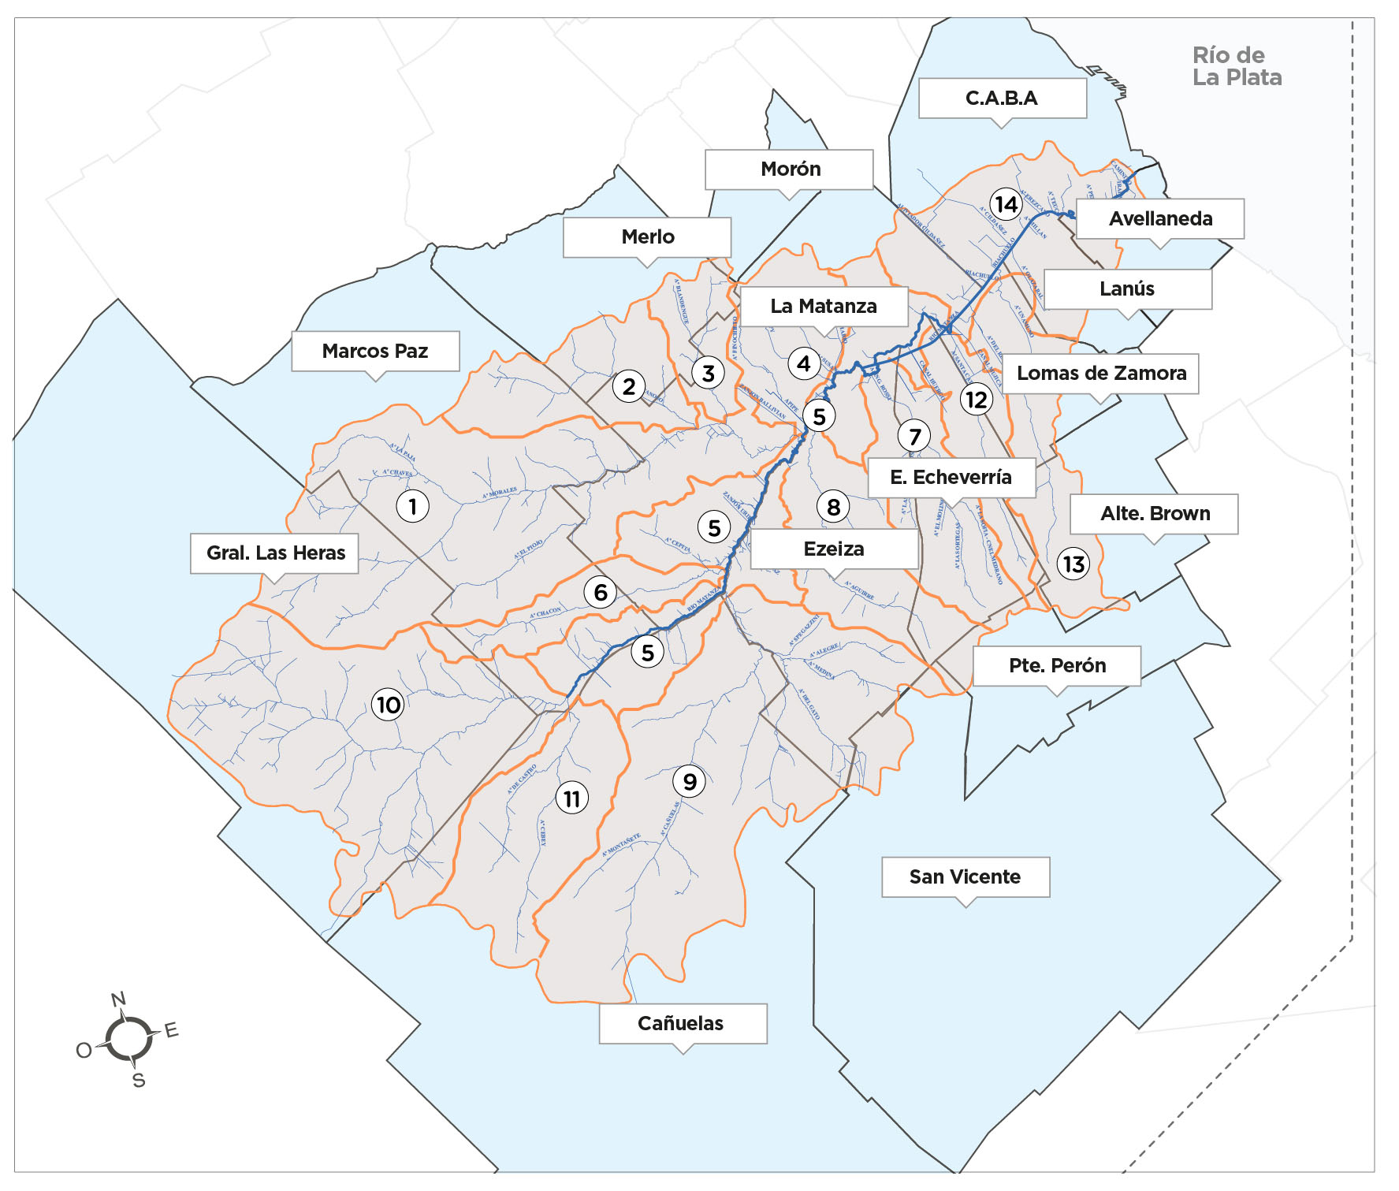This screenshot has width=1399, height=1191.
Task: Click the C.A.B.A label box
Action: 1002,99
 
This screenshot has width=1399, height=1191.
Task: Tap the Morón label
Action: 790,169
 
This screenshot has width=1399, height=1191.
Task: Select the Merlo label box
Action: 647,237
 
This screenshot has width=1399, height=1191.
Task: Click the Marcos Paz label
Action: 375,352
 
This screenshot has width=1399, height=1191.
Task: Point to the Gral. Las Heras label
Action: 275,553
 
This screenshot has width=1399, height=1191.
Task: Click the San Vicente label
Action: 965,877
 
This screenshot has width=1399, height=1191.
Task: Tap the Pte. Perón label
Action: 1057,666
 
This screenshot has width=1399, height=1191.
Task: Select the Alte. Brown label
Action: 1155,514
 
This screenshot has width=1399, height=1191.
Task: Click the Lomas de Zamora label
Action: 1101,374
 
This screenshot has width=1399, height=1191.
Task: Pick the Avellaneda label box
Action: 1160,219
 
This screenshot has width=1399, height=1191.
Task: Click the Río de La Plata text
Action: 1235,66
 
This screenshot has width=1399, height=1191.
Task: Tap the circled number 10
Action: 388,705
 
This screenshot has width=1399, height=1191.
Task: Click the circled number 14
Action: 1006,205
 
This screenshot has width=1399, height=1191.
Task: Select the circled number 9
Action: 690,782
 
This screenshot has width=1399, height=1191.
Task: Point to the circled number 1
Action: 412,506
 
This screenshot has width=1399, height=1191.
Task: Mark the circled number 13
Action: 1073,564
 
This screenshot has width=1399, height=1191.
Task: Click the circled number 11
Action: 572,799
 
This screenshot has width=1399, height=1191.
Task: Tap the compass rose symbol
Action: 128,1038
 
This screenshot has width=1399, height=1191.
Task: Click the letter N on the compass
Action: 118,999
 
